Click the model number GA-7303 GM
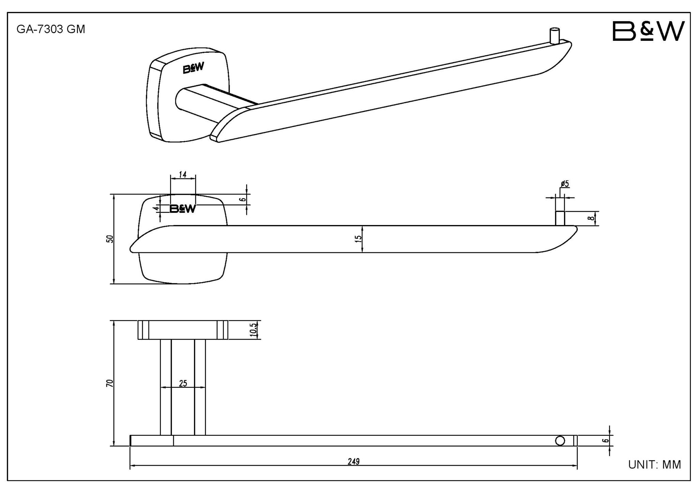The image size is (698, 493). (x=51, y=30)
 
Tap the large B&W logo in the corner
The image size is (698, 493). (x=649, y=31)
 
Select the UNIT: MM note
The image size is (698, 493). (x=654, y=464)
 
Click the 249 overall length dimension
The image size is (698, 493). (x=354, y=462)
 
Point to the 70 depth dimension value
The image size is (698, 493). (x=109, y=383)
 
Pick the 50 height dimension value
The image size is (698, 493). (x=109, y=239)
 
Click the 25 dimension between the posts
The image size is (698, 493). (x=183, y=383)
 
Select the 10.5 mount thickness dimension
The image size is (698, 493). (x=254, y=330)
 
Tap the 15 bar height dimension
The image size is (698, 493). (x=358, y=239)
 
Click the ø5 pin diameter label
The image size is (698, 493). (x=565, y=184)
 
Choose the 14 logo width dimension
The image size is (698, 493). (x=183, y=175)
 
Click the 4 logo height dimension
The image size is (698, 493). (x=156, y=208)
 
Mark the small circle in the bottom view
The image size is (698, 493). (x=560, y=441)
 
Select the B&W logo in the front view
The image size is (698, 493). (x=183, y=209)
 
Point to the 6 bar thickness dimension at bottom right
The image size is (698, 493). (x=605, y=440)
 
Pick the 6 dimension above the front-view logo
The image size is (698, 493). (x=243, y=199)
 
